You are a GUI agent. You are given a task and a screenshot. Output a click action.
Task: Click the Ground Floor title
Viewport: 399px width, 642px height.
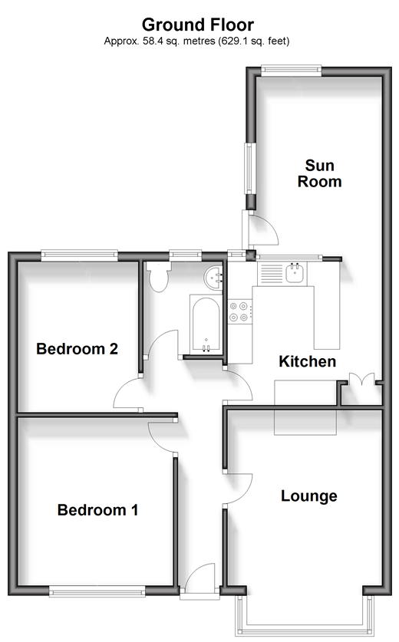(198, 25)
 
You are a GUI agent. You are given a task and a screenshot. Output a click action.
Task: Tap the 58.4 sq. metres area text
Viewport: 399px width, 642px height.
(179, 41)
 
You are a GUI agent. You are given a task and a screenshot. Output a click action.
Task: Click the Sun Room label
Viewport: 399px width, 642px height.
(319, 173)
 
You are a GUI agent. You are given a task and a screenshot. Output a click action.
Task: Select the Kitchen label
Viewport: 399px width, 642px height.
(307, 361)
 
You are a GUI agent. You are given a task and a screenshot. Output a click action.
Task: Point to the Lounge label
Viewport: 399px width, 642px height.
(309, 495)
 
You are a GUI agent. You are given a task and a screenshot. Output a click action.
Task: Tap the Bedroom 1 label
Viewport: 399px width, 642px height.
(97, 510)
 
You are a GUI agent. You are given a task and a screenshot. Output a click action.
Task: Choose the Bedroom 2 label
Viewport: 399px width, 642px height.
(77, 349)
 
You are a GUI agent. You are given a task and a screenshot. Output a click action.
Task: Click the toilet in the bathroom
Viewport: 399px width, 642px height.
(159, 277)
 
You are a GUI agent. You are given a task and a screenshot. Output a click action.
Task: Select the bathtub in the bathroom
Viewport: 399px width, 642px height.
(206, 324)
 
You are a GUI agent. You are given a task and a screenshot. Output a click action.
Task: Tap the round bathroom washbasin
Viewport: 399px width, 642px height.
(213, 278)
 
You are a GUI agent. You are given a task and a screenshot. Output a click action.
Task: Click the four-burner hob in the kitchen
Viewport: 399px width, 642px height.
(240, 311)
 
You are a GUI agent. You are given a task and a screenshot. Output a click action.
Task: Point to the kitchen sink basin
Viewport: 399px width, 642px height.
(295, 274)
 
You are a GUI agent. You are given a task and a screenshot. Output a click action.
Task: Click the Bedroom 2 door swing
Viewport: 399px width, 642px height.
(128, 393)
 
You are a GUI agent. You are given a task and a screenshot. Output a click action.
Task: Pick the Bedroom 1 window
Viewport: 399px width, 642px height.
(97, 591)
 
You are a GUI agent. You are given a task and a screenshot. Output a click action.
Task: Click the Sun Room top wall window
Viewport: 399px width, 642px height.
(291, 71)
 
